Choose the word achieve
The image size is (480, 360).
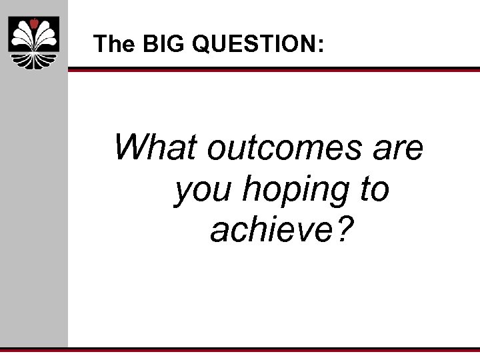pos(271,230)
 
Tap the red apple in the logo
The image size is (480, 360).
pos(33,24)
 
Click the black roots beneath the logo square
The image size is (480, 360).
pos(33,60)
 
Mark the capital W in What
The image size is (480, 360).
pos(129,147)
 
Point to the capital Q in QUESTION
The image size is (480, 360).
pos(201,45)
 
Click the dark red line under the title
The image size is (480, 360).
pos(273,69)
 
